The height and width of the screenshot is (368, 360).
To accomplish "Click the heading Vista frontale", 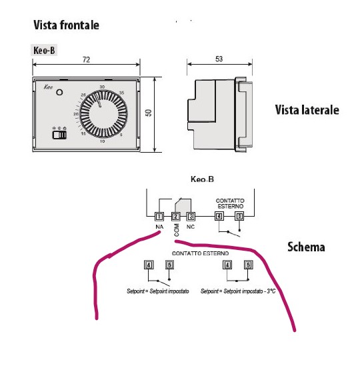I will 66,25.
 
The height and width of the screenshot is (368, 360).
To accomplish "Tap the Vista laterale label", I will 307,110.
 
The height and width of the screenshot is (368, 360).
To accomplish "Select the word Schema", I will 306,247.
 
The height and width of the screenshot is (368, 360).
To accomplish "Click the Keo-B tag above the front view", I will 44,50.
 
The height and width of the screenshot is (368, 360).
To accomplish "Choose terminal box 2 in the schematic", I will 176,216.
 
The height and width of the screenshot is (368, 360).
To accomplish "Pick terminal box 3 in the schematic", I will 191,216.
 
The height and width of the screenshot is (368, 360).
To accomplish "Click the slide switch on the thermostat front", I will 59,135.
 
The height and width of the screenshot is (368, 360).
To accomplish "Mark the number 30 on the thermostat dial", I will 102,87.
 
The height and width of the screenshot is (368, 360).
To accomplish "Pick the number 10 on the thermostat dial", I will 102,142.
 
